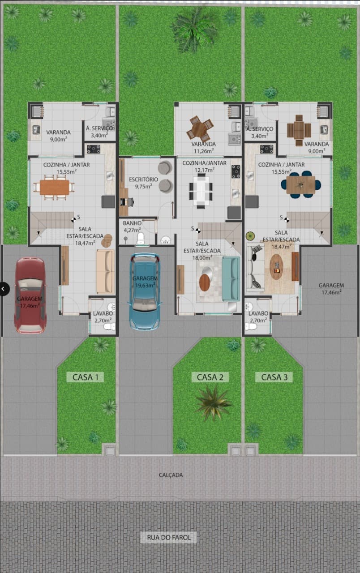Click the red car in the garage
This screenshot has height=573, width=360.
[x=30, y=295]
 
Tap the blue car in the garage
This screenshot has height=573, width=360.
[x=145, y=292]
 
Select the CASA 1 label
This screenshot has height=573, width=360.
[x=85, y=377]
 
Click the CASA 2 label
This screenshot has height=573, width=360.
[x=210, y=377]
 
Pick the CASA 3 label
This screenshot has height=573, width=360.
[x=274, y=377]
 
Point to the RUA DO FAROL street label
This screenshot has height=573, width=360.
[x=169, y=538]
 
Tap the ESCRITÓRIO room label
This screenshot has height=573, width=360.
[x=143, y=180]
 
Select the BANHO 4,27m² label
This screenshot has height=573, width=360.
[x=132, y=227]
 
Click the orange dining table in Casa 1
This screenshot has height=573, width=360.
[x=54, y=187]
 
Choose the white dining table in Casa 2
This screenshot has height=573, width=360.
[x=201, y=190]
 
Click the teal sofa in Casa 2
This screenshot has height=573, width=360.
[x=231, y=279]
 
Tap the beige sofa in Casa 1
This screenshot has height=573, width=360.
[x=105, y=272]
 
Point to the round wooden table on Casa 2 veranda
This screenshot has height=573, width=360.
[x=200, y=128]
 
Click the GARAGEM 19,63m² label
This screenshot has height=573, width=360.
[x=145, y=282]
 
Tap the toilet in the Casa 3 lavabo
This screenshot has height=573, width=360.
[x=251, y=327]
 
